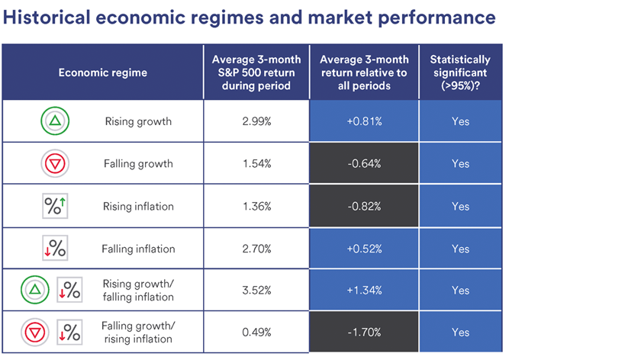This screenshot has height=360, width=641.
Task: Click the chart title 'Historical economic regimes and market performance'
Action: click(x=250, y=18)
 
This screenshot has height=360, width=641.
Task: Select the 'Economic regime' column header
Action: click(x=103, y=72)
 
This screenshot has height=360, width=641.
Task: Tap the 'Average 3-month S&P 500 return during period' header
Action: click(x=256, y=72)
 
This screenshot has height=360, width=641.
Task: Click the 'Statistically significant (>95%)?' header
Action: click(x=460, y=72)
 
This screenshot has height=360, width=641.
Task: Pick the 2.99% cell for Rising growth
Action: click(x=256, y=121)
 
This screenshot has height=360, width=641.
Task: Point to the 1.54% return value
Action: click(x=256, y=164)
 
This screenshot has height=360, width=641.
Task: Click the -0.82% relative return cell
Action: click(x=364, y=207)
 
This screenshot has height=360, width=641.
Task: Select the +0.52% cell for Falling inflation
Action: click(x=364, y=249)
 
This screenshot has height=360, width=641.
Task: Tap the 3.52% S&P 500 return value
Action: click(x=256, y=291)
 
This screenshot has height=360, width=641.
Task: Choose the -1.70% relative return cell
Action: click(x=364, y=333)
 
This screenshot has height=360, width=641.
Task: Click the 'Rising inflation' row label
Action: click(x=138, y=207)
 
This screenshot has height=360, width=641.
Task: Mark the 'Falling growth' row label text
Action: click(x=138, y=164)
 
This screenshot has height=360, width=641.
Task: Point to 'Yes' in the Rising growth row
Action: click(x=460, y=121)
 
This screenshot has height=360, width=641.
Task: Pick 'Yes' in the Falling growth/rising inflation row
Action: click(x=460, y=333)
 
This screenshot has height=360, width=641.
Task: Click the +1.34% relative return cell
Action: click(x=364, y=291)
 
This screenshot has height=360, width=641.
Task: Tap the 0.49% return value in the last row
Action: click(x=256, y=333)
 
